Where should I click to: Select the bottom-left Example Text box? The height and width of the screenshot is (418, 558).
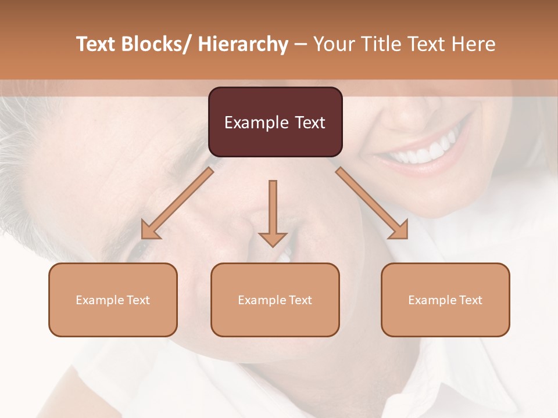113,300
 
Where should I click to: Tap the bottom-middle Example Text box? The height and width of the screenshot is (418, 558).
275,300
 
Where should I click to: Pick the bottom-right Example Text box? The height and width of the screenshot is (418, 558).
445,300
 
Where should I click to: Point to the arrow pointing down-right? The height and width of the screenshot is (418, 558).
372,203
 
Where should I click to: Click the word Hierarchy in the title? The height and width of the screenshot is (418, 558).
242,44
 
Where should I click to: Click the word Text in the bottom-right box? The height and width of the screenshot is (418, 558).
470,300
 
